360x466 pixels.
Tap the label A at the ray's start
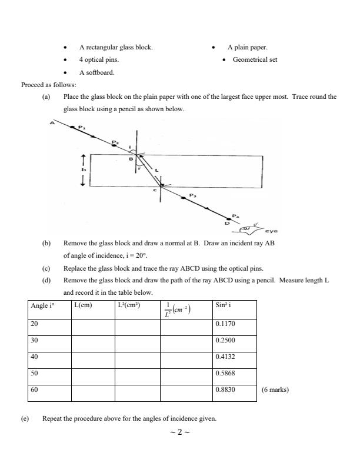[x=52, y=123]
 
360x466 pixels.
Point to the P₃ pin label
[x=193, y=194]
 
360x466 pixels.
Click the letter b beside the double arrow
[x=84, y=170]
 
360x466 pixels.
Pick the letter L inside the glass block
[x=156, y=170]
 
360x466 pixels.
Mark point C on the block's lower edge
[x=155, y=189]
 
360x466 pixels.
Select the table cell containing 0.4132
[x=234, y=357]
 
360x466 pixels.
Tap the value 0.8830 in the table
[x=234, y=390]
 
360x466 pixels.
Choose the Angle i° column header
[x=41, y=305]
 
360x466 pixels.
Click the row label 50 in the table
[x=36, y=373]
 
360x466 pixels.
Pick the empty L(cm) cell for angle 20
[x=92, y=324]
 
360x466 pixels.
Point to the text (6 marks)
[x=275, y=390]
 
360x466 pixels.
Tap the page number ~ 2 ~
[x=179, y=433]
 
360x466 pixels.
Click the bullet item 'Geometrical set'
[x=255, y=59]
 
